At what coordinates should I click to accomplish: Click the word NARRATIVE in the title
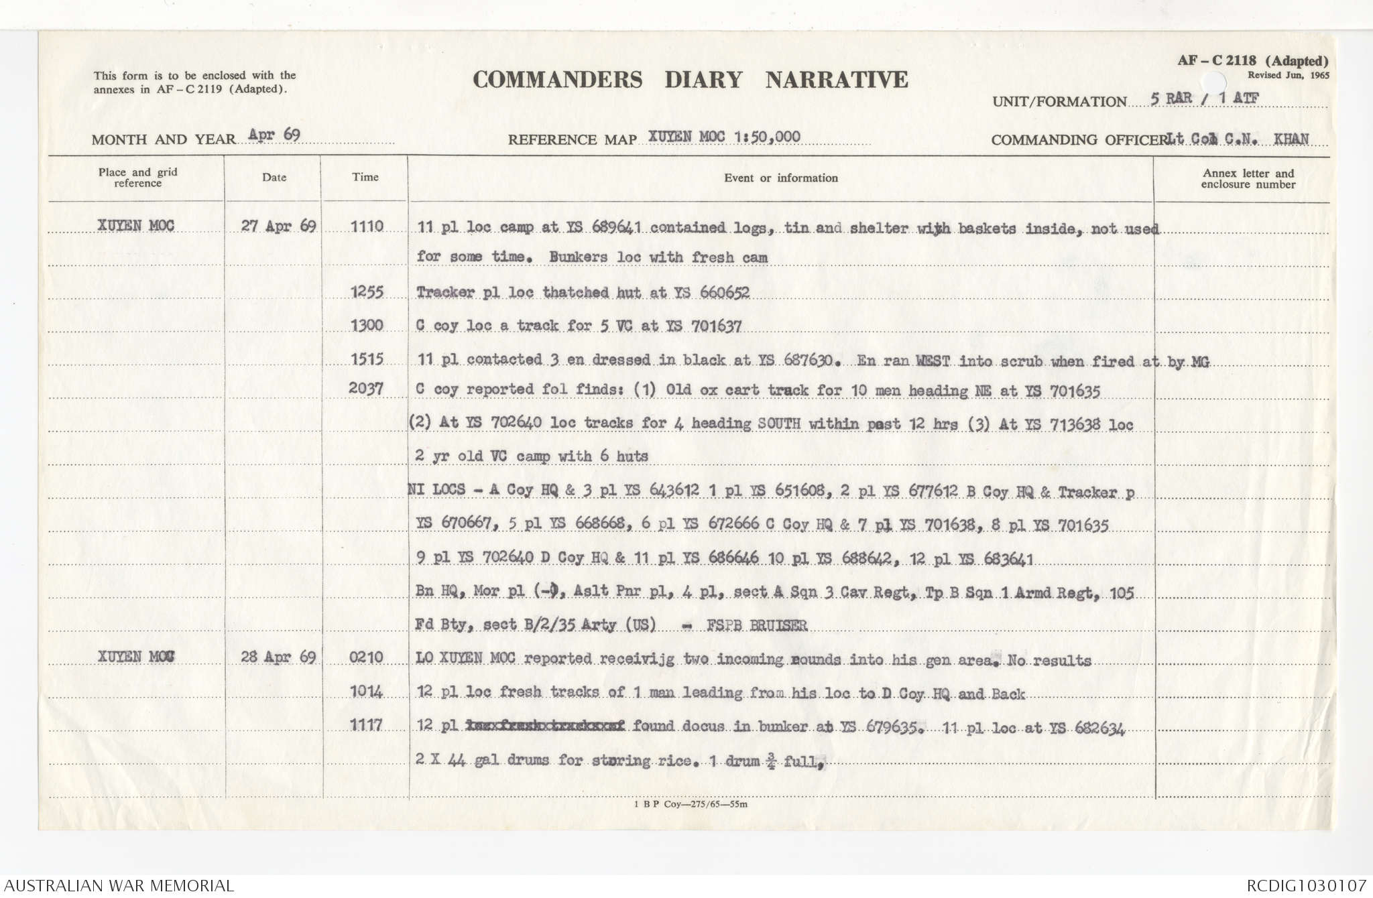pos(837,80)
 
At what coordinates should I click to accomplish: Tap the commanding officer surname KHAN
pos(1291,139)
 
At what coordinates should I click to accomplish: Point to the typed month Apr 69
pos(274,135)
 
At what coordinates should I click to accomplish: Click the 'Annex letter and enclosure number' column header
pos(1248,179)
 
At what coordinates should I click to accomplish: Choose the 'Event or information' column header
pos(780,178)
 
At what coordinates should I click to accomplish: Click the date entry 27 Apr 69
pos(278,226)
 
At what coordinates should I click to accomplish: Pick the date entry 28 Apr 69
pos(278,657)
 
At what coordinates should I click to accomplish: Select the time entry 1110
pos(367,227)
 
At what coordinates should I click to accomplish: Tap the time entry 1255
pos(367,292)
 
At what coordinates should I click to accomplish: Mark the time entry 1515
pos(367,359)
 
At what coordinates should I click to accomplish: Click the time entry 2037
pos(366,389)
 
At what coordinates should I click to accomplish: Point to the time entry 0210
pos(366,657)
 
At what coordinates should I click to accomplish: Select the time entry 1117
pos(366,725)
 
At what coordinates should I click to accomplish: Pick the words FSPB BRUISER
pos(757,626)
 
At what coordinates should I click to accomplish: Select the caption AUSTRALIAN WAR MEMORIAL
pos(119,886)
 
